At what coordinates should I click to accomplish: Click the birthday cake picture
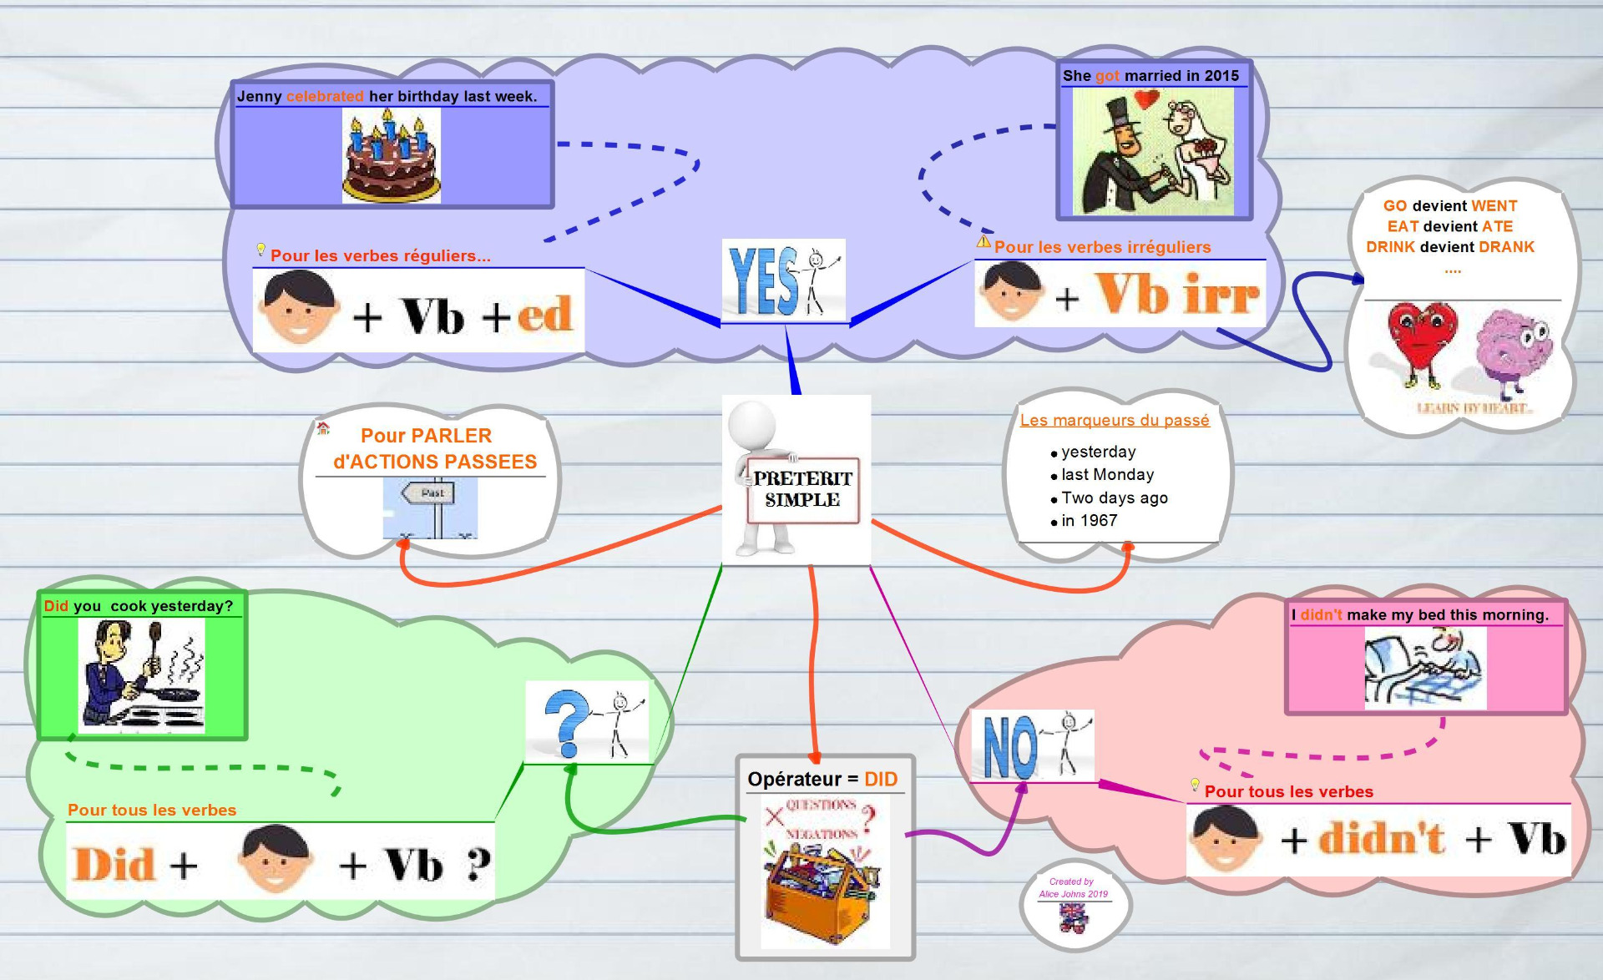click(391, 157)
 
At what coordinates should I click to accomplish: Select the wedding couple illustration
click(1152, 152)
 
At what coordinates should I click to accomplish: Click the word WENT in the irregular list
click(1494, 206)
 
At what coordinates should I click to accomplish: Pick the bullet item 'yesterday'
click(1098, 452)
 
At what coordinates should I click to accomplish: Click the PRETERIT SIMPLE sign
click(802, 490)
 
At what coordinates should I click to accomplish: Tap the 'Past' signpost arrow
click(429, 493)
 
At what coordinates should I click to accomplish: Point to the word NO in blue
click(1009, 747)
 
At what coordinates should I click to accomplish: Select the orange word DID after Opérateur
click(881, 780)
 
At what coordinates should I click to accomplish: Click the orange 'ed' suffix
click(544, 315)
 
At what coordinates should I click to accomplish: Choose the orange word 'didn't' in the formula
click(1382, 838)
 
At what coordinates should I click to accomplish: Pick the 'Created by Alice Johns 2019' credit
click(1073, 887)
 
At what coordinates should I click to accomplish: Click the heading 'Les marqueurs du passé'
click(1114, 421)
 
